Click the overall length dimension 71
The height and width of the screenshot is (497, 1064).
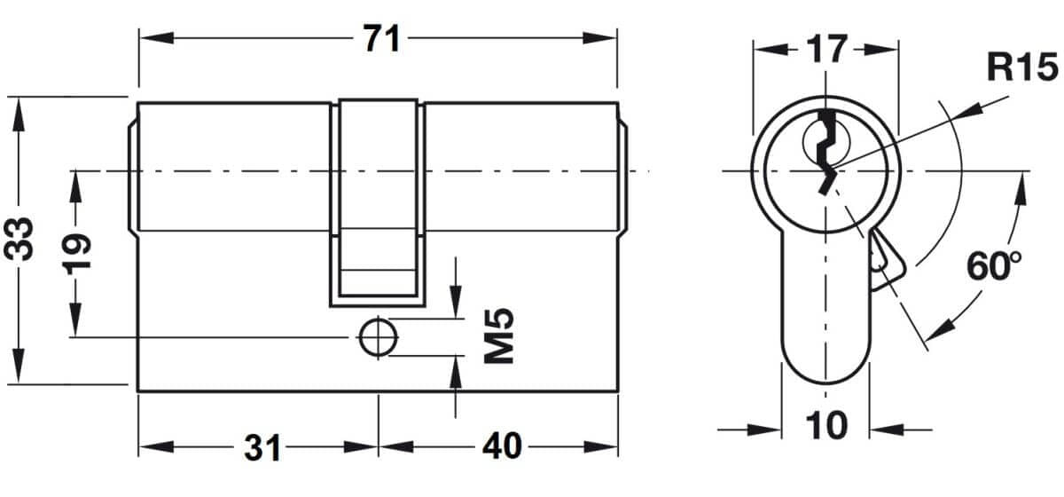click(381, 38)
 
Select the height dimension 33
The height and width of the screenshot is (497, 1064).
click(19, 239)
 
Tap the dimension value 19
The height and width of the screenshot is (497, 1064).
click(76, 255)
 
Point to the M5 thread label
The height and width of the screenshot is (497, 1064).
click(498, 335)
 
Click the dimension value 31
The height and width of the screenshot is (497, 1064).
click(262, 447)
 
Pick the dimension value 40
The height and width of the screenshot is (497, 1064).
click(502, 446)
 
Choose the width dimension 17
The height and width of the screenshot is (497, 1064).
click(827, 49)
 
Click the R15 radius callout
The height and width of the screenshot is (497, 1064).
click(1022, 67)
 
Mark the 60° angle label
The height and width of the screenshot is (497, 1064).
click(994, 266)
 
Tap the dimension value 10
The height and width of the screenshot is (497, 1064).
click(826, 426)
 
